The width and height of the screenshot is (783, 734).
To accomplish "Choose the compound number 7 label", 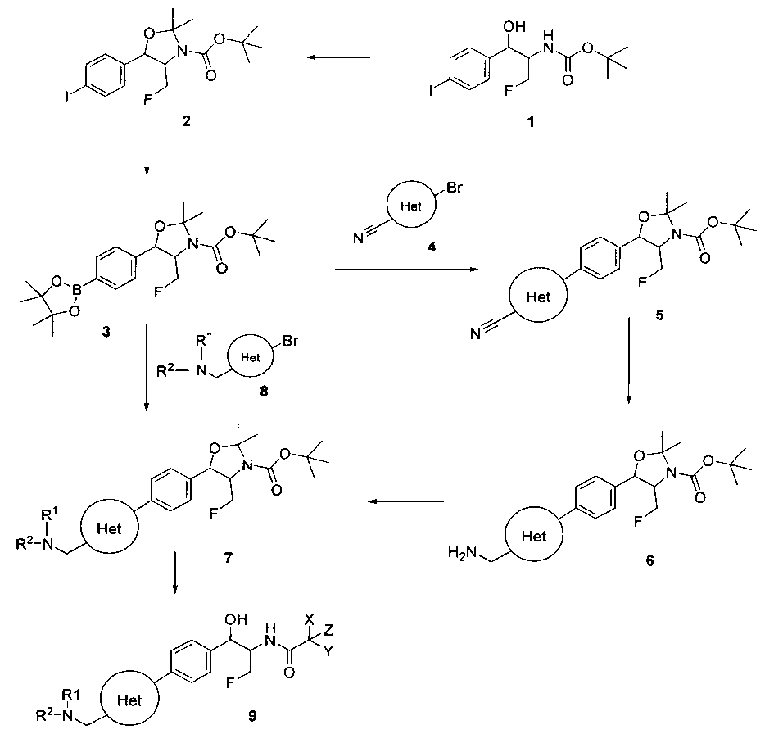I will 228,558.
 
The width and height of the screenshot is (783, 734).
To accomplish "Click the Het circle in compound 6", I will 534,537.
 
